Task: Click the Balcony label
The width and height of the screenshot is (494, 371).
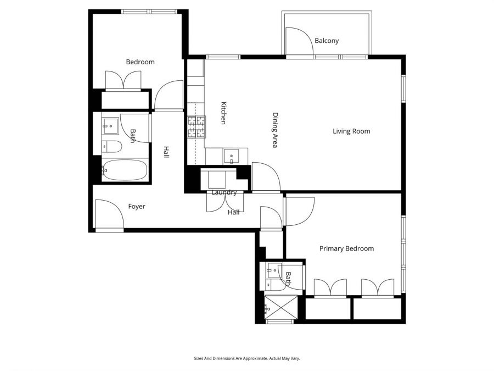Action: (x=327, y=41)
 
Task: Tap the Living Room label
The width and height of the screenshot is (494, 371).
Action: (x=351, y=131)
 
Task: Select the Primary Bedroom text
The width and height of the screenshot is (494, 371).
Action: (x=346, y=248)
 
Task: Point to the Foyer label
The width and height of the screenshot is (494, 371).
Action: (x=137, y=207)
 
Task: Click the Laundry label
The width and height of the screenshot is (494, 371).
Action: (x=224, y=192)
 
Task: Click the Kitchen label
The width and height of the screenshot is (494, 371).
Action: (x=223, y=113)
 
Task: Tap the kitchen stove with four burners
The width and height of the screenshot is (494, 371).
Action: (x=197, y=128)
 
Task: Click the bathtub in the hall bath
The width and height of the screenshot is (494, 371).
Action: (x=125, y=170)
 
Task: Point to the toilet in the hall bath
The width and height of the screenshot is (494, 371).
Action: (x=111, y=147)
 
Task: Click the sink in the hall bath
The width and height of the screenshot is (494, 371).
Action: (x=110, y=125)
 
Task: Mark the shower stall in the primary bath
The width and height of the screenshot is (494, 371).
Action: (x=280, y=307)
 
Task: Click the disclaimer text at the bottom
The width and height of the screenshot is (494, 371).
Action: (x=246, y=358)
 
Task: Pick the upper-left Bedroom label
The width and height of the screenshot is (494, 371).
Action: (x=140, y=62)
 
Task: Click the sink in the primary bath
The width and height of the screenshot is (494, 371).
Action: (x=273, y=269)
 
